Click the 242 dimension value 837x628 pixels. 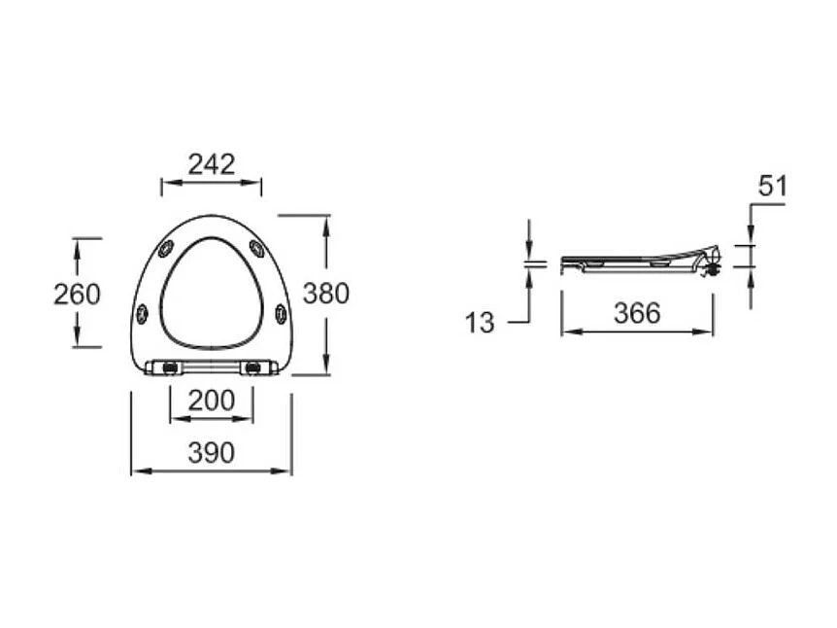coord(212,163)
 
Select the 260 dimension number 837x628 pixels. coord(77,293)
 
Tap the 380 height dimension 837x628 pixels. coord(325,293)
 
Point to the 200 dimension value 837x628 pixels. coord(211,400)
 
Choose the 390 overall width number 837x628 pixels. coord(211,452)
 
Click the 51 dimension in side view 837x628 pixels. coord(772,186)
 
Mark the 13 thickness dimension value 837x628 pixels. coord(480,323)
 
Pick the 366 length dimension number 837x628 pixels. coord(637,313)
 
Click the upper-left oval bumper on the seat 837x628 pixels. coord(166,249)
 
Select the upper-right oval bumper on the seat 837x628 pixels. coord(257,249)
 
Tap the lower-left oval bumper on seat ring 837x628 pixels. coord(143,313)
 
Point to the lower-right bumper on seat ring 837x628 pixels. coord(281,313)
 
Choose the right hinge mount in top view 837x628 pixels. coord(253,367)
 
